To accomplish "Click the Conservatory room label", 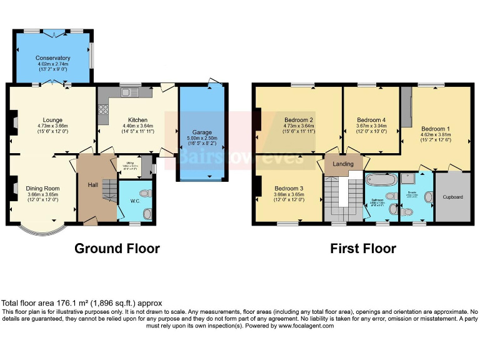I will [x=52, y=58].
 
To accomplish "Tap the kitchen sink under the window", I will [x=130, y=93].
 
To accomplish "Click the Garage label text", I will [x=202, y=132].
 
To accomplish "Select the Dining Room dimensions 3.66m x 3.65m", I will [x=42, y=195].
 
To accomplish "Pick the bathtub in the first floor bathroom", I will [x=381, y=181].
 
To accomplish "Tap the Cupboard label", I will [x=452, y=197].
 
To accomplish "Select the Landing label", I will [x=343, y=164].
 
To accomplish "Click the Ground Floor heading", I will [x=117, y=248].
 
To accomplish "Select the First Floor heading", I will [x=363, y=248].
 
